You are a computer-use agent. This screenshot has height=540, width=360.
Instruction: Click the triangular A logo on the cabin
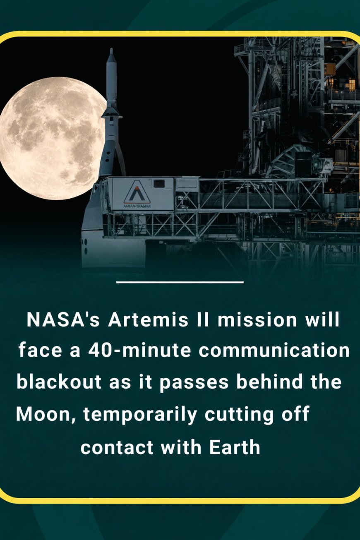(x=137, y=191)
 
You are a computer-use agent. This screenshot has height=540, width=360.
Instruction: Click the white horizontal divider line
(x=180, y=283)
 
